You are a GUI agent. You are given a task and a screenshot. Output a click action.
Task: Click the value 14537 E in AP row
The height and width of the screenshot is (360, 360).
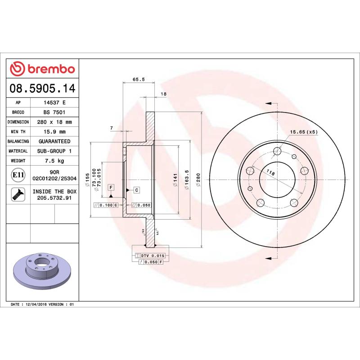tap(54, 103)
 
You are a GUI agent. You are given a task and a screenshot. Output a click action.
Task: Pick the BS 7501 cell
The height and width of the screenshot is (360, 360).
tap(54, 112)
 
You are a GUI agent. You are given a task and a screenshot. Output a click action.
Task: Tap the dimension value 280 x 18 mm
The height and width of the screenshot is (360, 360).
tap(54, 122)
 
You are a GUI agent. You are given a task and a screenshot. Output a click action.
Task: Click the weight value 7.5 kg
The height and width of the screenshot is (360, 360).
tap(54, 161)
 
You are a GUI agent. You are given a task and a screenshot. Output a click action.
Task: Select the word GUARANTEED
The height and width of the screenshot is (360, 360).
tap(54, 141)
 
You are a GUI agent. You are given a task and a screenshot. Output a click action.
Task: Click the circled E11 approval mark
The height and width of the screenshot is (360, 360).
tap(18, 175)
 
